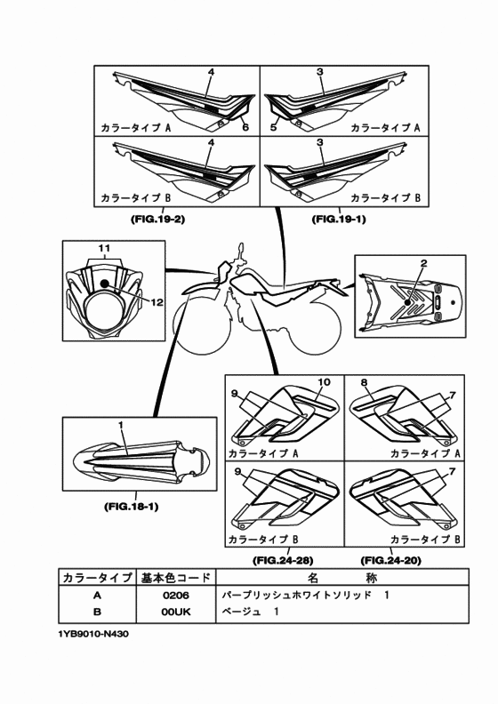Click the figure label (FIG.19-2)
click(x=157, y=220)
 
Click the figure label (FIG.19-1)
click(x=339, y=219)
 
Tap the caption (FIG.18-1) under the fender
click(x=131, y=507)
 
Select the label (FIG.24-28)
click(x=283, y=560)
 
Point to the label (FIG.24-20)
click(x=390, y=560)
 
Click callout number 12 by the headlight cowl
click(x=157, y=302)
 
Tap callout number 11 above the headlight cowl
click(x=105, y=248)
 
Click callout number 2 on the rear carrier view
click(x=423, y=263)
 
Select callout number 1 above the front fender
click(x=120, y=423)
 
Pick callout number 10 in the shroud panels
click(x=324, y=382)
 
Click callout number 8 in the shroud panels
click(x=364, y=382)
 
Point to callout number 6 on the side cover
click(x=245, y=127)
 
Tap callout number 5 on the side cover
click(x=273, y=127)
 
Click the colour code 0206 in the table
click(x=176, y=596)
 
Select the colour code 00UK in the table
click(x=176, y=612)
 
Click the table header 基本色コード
click(x=176, y=578)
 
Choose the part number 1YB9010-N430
click(x=93, y=635)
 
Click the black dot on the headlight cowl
click(x=105, y=284)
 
